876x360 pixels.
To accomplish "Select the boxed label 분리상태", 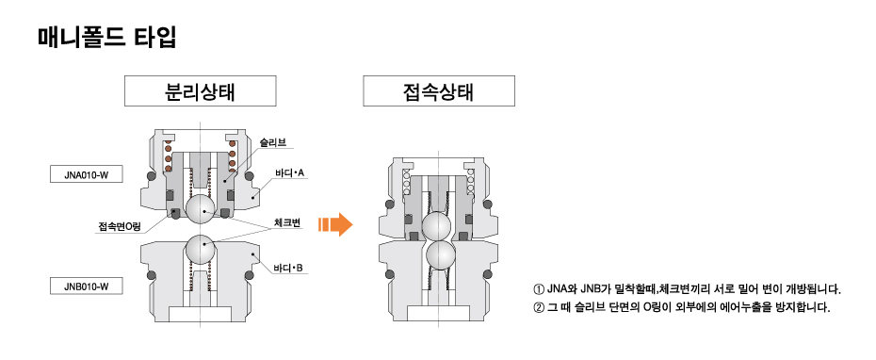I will point(200,92).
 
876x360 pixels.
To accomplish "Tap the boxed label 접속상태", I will point(438,92).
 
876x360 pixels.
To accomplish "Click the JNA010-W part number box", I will point(87,174).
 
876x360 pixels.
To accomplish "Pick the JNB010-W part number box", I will point(87,286).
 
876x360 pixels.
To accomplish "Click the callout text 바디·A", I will point(288,173).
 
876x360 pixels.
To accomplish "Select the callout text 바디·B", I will point(288,269).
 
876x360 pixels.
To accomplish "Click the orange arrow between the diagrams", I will point(334,224).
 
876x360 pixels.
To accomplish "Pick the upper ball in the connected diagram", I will point(437,226).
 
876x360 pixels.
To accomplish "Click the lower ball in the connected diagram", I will point(437,254).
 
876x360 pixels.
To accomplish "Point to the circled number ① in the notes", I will point(539,289).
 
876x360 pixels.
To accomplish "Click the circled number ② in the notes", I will point(539,308).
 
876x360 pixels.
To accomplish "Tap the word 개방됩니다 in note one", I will point(808,289).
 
